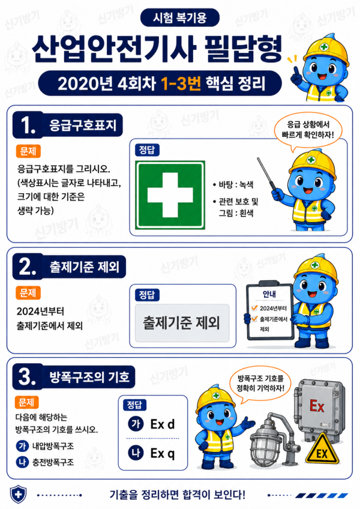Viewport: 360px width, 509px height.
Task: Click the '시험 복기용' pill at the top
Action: (180, 17)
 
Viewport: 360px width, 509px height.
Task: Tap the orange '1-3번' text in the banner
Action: (181, 83)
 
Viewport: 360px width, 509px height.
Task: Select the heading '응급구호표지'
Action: (83, 125)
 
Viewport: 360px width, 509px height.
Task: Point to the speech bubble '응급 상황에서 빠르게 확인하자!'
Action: (308, 129)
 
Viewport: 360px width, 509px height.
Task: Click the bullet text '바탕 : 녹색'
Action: (233, 185)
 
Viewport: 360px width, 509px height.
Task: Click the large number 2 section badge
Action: (28, 267)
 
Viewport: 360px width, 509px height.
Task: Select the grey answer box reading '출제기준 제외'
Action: (182, 323)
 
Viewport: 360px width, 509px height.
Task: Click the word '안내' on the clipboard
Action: (269, 294)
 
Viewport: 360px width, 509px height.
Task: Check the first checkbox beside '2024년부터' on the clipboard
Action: (254, 308)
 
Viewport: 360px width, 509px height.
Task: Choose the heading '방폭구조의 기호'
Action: (89, 376)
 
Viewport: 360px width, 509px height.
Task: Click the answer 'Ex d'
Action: (163, 424)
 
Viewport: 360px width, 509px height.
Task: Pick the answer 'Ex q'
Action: (163, 454)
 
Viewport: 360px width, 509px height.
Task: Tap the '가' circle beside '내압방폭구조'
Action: (22, 446)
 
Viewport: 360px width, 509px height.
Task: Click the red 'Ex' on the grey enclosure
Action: (317, 406)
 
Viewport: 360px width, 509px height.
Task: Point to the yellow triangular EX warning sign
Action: (322, 448)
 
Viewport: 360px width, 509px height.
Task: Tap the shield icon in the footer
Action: (19, 494)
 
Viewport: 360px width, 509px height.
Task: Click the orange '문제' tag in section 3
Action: (26, 403)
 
